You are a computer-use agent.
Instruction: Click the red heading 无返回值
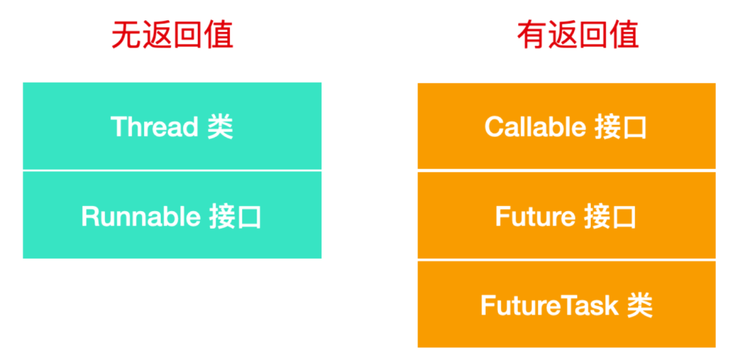tap(173, 36)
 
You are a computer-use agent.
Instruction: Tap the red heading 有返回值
tap(578, 36)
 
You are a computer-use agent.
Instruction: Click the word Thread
tap(154, 127)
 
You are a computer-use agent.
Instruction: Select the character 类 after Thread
tap(220, 127)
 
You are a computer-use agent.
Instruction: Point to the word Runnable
tap(141, 217)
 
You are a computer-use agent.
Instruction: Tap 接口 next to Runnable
tap(236, 217)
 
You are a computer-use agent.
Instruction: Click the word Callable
tap(535, 127)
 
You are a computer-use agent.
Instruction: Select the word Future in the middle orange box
tap(535, 217)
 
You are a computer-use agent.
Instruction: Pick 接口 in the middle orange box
tap(610, 217)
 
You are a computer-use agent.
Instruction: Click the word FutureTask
tap(549, 305)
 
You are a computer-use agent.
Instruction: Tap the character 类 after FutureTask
tap(640, 305)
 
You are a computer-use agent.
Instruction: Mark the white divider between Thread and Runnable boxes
tap(172, 171)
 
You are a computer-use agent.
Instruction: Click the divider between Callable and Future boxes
tap(566, 171)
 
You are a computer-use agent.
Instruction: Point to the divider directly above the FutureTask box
tap(566, 260)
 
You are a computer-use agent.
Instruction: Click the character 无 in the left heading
tap(126, 36)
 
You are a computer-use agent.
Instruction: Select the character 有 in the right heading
tap(531, 36)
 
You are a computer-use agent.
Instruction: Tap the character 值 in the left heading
tap(219, 36)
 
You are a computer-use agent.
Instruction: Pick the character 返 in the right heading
tap(562, 36)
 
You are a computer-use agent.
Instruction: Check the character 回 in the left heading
tap(188, 36)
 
